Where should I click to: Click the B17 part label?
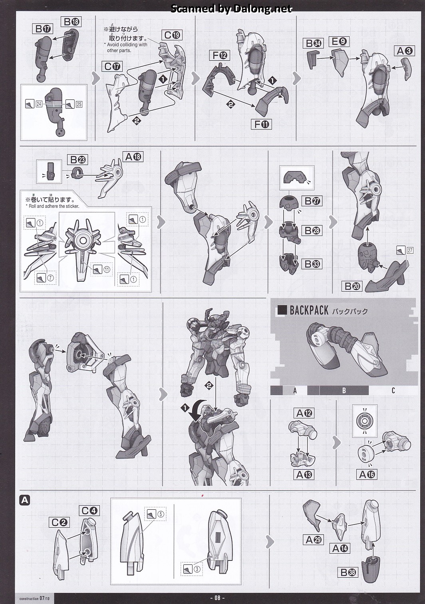coord(42,29)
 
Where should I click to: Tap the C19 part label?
coord(172,35)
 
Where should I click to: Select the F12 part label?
coord(220,56)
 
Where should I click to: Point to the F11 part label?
coord(261,124)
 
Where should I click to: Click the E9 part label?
coord(339,42)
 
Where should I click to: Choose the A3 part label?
coord(405,51)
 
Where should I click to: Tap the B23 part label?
coord(77,160)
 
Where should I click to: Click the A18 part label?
coord(133,157)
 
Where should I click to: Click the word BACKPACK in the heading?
coord(309,310)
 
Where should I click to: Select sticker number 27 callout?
coord(405,250)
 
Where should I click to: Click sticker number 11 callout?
coord(102,269)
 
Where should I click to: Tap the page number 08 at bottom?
coord(218,598)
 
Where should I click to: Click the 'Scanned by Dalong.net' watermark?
coord(231,9)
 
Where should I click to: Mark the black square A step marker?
coord(24,501)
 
